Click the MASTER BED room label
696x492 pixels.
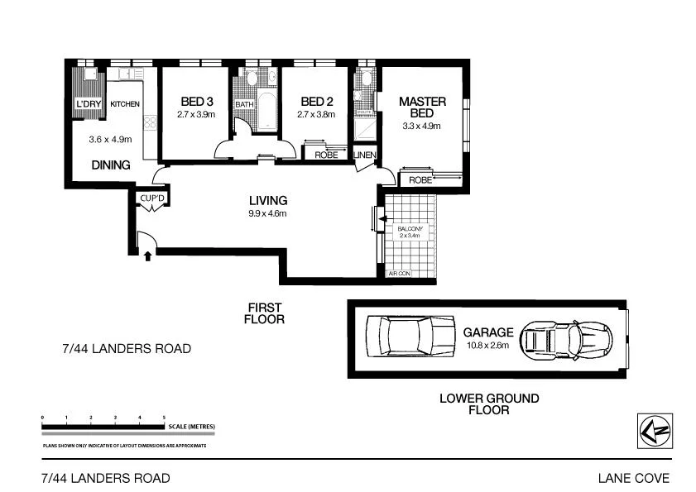[422, 107]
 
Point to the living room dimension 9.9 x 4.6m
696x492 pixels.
[268, 213]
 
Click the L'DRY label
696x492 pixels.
[87, 104]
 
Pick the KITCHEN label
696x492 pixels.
[125, 104]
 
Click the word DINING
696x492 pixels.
[111, 165]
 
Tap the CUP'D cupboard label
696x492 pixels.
[153, 198]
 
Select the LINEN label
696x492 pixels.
[365, 155]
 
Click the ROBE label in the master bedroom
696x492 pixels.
[420, 179]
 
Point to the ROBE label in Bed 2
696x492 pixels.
[324, 155]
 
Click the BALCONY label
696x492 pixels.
[410, 229]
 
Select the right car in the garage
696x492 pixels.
[566, 339]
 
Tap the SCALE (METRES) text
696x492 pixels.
[191, 427]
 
